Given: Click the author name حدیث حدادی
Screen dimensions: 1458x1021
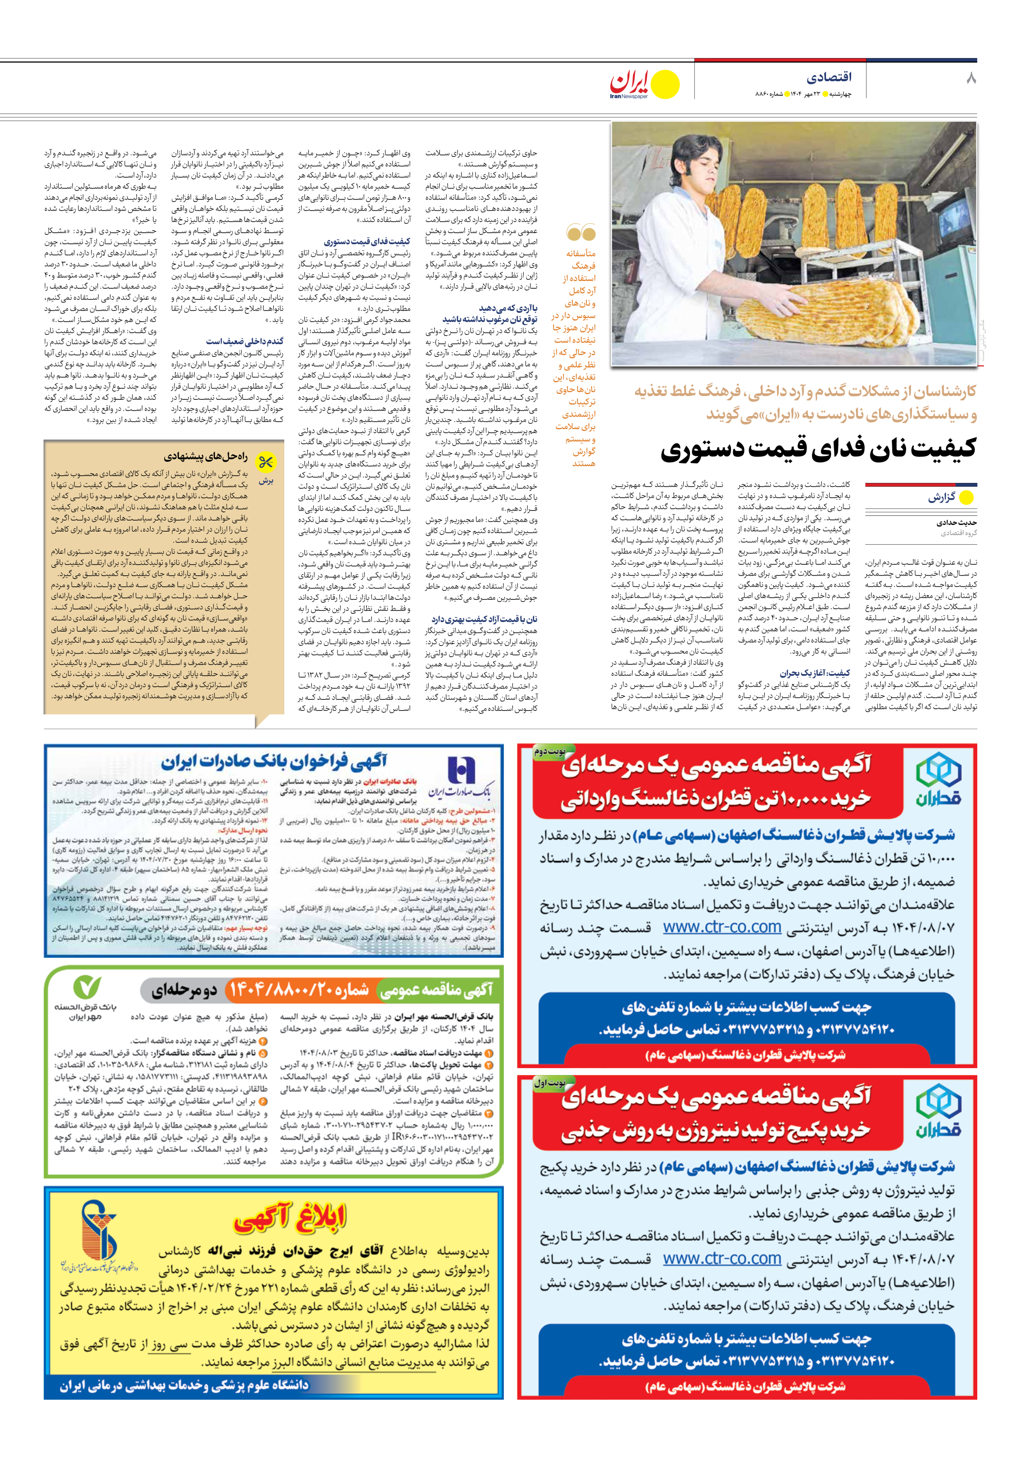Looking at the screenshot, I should [x=956, y=523].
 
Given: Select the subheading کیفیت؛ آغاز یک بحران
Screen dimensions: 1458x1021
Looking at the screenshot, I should [x=815, y=673].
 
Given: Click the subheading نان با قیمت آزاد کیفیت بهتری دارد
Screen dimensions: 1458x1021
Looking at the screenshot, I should [x=484, y=619].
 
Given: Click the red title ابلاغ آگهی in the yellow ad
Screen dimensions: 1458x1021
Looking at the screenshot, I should [x=290, y=1217].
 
